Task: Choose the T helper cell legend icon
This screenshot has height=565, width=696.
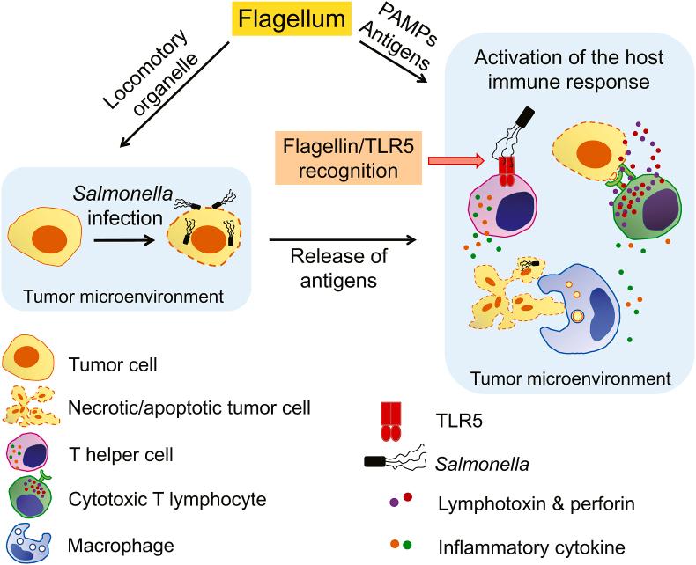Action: pyautogui.click(x=29, y=453)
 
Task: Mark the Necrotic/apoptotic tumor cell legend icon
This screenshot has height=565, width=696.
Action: pyautogui.click(x=31, y=406)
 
